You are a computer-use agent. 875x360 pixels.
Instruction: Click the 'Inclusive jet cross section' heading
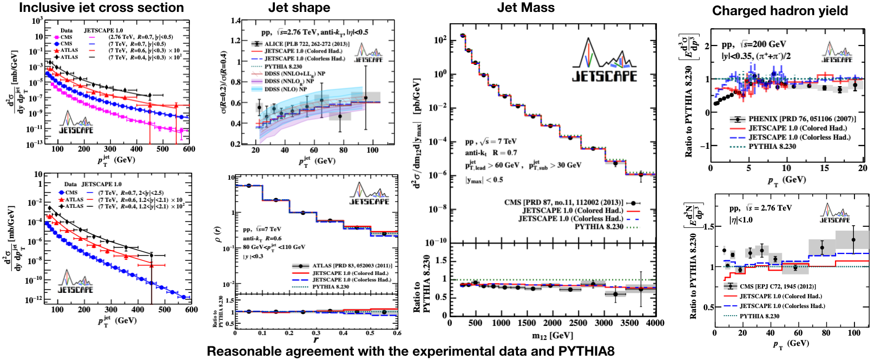(x=101, y=8)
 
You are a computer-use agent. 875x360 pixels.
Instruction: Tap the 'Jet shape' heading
(x=299, y=8)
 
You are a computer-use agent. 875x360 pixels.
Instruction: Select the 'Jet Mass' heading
(x=525, y=8)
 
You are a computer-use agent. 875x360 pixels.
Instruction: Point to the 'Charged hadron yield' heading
(x=780, y=11)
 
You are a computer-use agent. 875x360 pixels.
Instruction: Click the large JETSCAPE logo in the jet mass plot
(x=604, y=61)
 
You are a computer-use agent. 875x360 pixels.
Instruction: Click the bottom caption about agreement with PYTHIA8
(x=410, y=351)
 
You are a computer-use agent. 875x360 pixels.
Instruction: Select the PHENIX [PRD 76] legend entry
(x=801, y=119)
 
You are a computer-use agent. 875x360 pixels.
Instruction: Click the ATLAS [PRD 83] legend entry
(x=352, y=266)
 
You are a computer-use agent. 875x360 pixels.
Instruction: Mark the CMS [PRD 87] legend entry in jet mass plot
(x=563, y=202)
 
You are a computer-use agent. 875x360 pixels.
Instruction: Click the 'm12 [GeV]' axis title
(x=552, y=336)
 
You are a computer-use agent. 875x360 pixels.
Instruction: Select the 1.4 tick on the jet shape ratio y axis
(x=236, y=21)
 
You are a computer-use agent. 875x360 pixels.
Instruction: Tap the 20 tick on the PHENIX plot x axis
(x=863, y=168)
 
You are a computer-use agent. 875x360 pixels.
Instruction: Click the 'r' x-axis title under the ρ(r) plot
(x=316, y=340)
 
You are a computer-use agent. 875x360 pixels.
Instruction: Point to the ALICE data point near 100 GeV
(x=366, y=98)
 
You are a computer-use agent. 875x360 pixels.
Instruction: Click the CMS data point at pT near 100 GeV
(x=853, y=239)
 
